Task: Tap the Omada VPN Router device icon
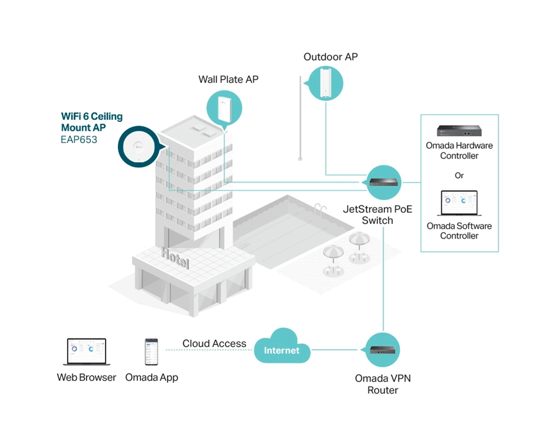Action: point(382,350)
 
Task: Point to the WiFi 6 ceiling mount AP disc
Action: point(138,147)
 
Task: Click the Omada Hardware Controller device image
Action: point(459,131)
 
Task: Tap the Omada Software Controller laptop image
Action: point(459,203)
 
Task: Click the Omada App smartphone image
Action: point(151,352)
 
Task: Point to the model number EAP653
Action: point(79,139)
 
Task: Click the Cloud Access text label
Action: point(214,344)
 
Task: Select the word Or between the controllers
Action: point(459,175)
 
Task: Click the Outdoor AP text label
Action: point(331,57)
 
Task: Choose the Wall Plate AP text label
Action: point(228,79)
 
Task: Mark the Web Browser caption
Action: point(86,378)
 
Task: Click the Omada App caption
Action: point(151,378)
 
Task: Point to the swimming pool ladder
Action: point(320,207)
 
